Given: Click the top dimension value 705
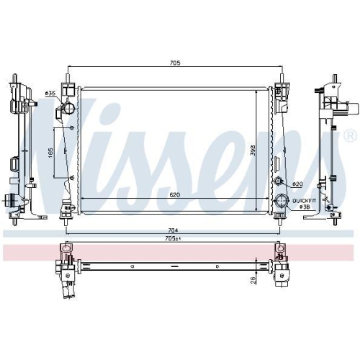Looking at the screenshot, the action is tap(175, 63).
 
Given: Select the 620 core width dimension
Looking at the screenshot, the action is tap(174, 195).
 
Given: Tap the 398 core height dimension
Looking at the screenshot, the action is tap(253, 150).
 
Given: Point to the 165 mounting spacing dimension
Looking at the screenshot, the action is tap(50, 153).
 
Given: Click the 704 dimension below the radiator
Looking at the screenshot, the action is tap(173, 230).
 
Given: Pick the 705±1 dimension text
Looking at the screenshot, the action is tap(173, 238).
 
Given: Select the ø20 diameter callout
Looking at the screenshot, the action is tap(297, 184).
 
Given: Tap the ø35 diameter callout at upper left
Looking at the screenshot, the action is tap(50, 93).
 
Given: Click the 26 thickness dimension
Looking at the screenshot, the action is tap(253, 280).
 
